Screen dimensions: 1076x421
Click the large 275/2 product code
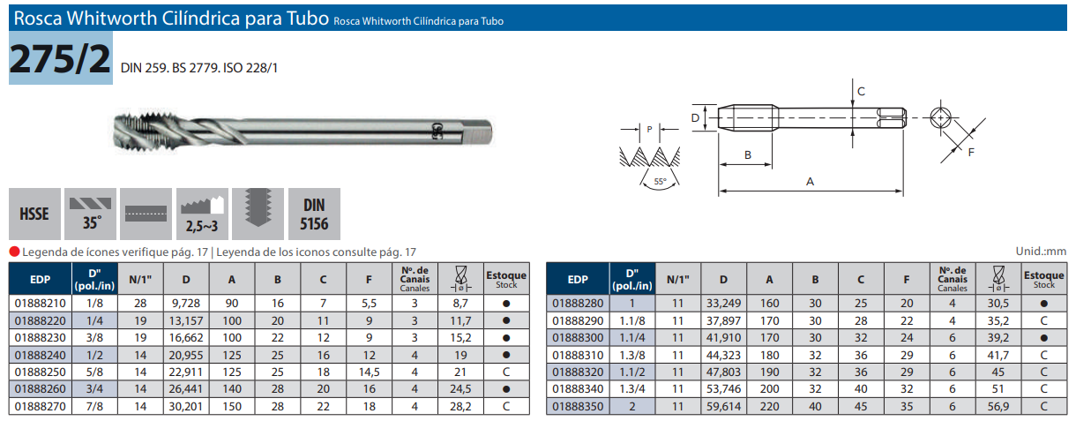tap(61, 59)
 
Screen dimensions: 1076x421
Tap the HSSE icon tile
tap(34, 214)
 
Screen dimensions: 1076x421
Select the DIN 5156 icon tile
tap(314, 214)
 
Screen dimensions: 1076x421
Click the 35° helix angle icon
tap(90, 214)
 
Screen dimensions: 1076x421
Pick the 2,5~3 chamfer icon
tap(202, 214)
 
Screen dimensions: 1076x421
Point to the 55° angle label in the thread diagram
tap(660, 182)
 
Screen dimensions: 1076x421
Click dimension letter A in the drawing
tap(810, 182)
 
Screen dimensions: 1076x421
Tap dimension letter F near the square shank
tap(971, 153)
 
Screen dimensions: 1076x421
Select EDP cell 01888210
tap(41, 304)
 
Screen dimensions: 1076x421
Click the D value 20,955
tap(186, 355)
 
